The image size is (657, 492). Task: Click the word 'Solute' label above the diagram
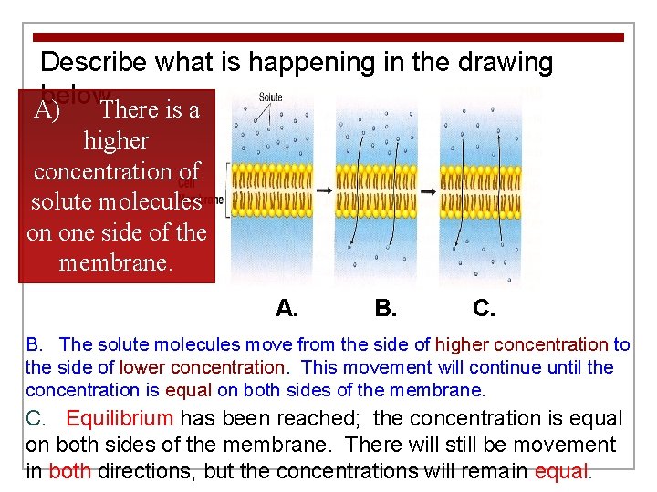(x=271, y=97)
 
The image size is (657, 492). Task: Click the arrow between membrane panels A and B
(x=324, y=191)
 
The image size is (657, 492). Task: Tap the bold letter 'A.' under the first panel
(x=287, y=308)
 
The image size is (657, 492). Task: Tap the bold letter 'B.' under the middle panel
(x=385, y=308)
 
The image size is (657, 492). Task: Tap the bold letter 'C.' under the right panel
(x=485, y=308)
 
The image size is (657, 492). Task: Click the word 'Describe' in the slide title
(x=95, y=63)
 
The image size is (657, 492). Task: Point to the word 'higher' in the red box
(x=116, y=141)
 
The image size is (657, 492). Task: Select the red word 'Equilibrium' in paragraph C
(x=120, y=419)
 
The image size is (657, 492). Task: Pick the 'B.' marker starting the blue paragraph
(x=35, y=344)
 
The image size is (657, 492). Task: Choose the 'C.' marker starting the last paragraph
(x=36, y=419)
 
